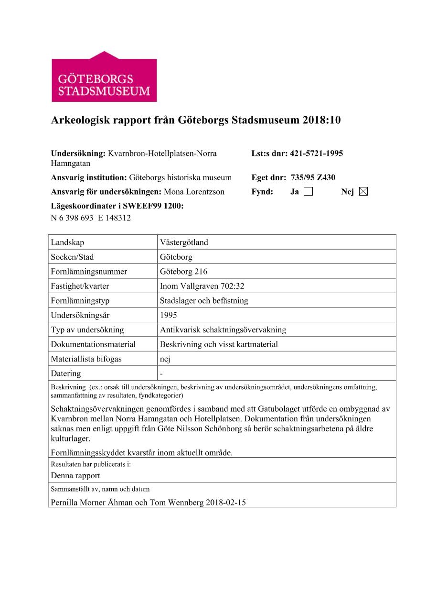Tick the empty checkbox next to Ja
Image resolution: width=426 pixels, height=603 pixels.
tap(308, 192)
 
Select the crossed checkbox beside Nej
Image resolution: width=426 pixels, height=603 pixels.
tap(363, 192)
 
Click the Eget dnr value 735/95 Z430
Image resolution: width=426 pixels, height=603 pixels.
tap(313, 177)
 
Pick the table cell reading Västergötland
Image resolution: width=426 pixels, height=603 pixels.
tap(184, 242)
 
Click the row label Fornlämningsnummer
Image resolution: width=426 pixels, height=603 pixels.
tap(89, 272)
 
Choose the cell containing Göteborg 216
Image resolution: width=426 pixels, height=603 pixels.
tap(184, 272)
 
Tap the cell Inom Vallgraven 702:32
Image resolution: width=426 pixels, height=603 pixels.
tap(202, 286)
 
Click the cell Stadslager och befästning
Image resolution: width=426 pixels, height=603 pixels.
tap(204, 301)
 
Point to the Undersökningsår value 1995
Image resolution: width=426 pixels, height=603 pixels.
tap(169, 316)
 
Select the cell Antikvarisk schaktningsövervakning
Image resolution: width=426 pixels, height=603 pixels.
tap(223, 330)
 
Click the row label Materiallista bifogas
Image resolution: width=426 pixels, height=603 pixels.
tap(86, 359)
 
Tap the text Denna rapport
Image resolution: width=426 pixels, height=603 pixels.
tap(75, 475)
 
